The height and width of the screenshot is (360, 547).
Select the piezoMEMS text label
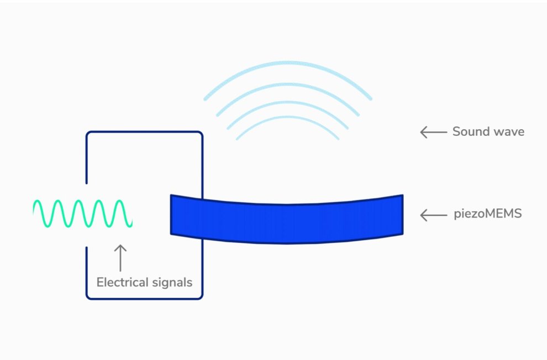click(488, 213)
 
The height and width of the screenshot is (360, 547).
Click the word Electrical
click(120, 282)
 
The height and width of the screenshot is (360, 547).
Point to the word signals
click(170, 282)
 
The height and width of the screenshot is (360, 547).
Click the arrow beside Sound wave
click(434, 132)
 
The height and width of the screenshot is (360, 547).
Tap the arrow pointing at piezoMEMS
click(434, 215)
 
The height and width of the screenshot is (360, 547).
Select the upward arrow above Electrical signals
click(120, 258)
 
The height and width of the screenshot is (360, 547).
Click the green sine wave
click(83, 214)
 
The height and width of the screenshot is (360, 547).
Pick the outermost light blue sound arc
click(287, 63)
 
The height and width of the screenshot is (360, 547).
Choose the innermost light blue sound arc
click(287, 118)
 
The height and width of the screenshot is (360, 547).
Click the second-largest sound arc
click(287, 84)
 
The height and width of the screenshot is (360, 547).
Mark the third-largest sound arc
click(287, 103)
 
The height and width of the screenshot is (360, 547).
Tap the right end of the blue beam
click(403, 215)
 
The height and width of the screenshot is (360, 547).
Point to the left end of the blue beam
click(171, 215)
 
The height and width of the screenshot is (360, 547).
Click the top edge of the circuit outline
click(144, 132)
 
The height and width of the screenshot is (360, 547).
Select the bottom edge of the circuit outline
click(144, 298)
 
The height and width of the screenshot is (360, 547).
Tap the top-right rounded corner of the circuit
click(200, 134)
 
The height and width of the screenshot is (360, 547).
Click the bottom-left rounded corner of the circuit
click(88, 297)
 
